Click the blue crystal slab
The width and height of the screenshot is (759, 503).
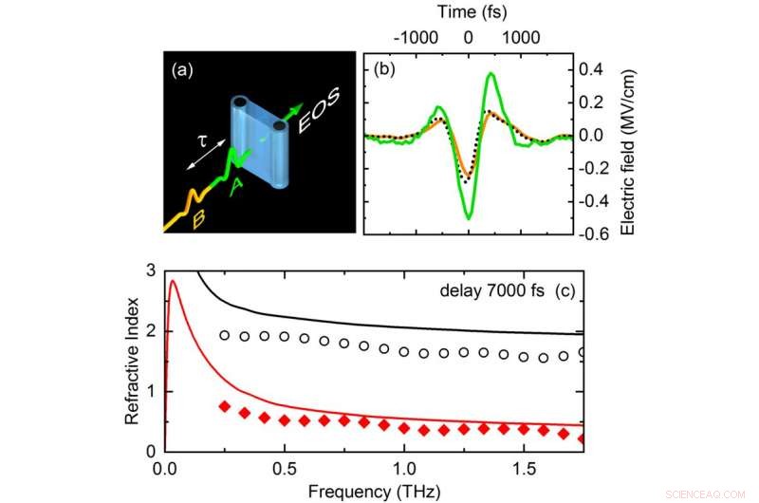coord(257,141)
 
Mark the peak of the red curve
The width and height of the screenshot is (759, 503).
coord(172,280)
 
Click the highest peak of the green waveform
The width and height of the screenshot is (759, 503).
coord(491,73)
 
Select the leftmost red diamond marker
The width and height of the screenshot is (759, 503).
coord(224,406)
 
